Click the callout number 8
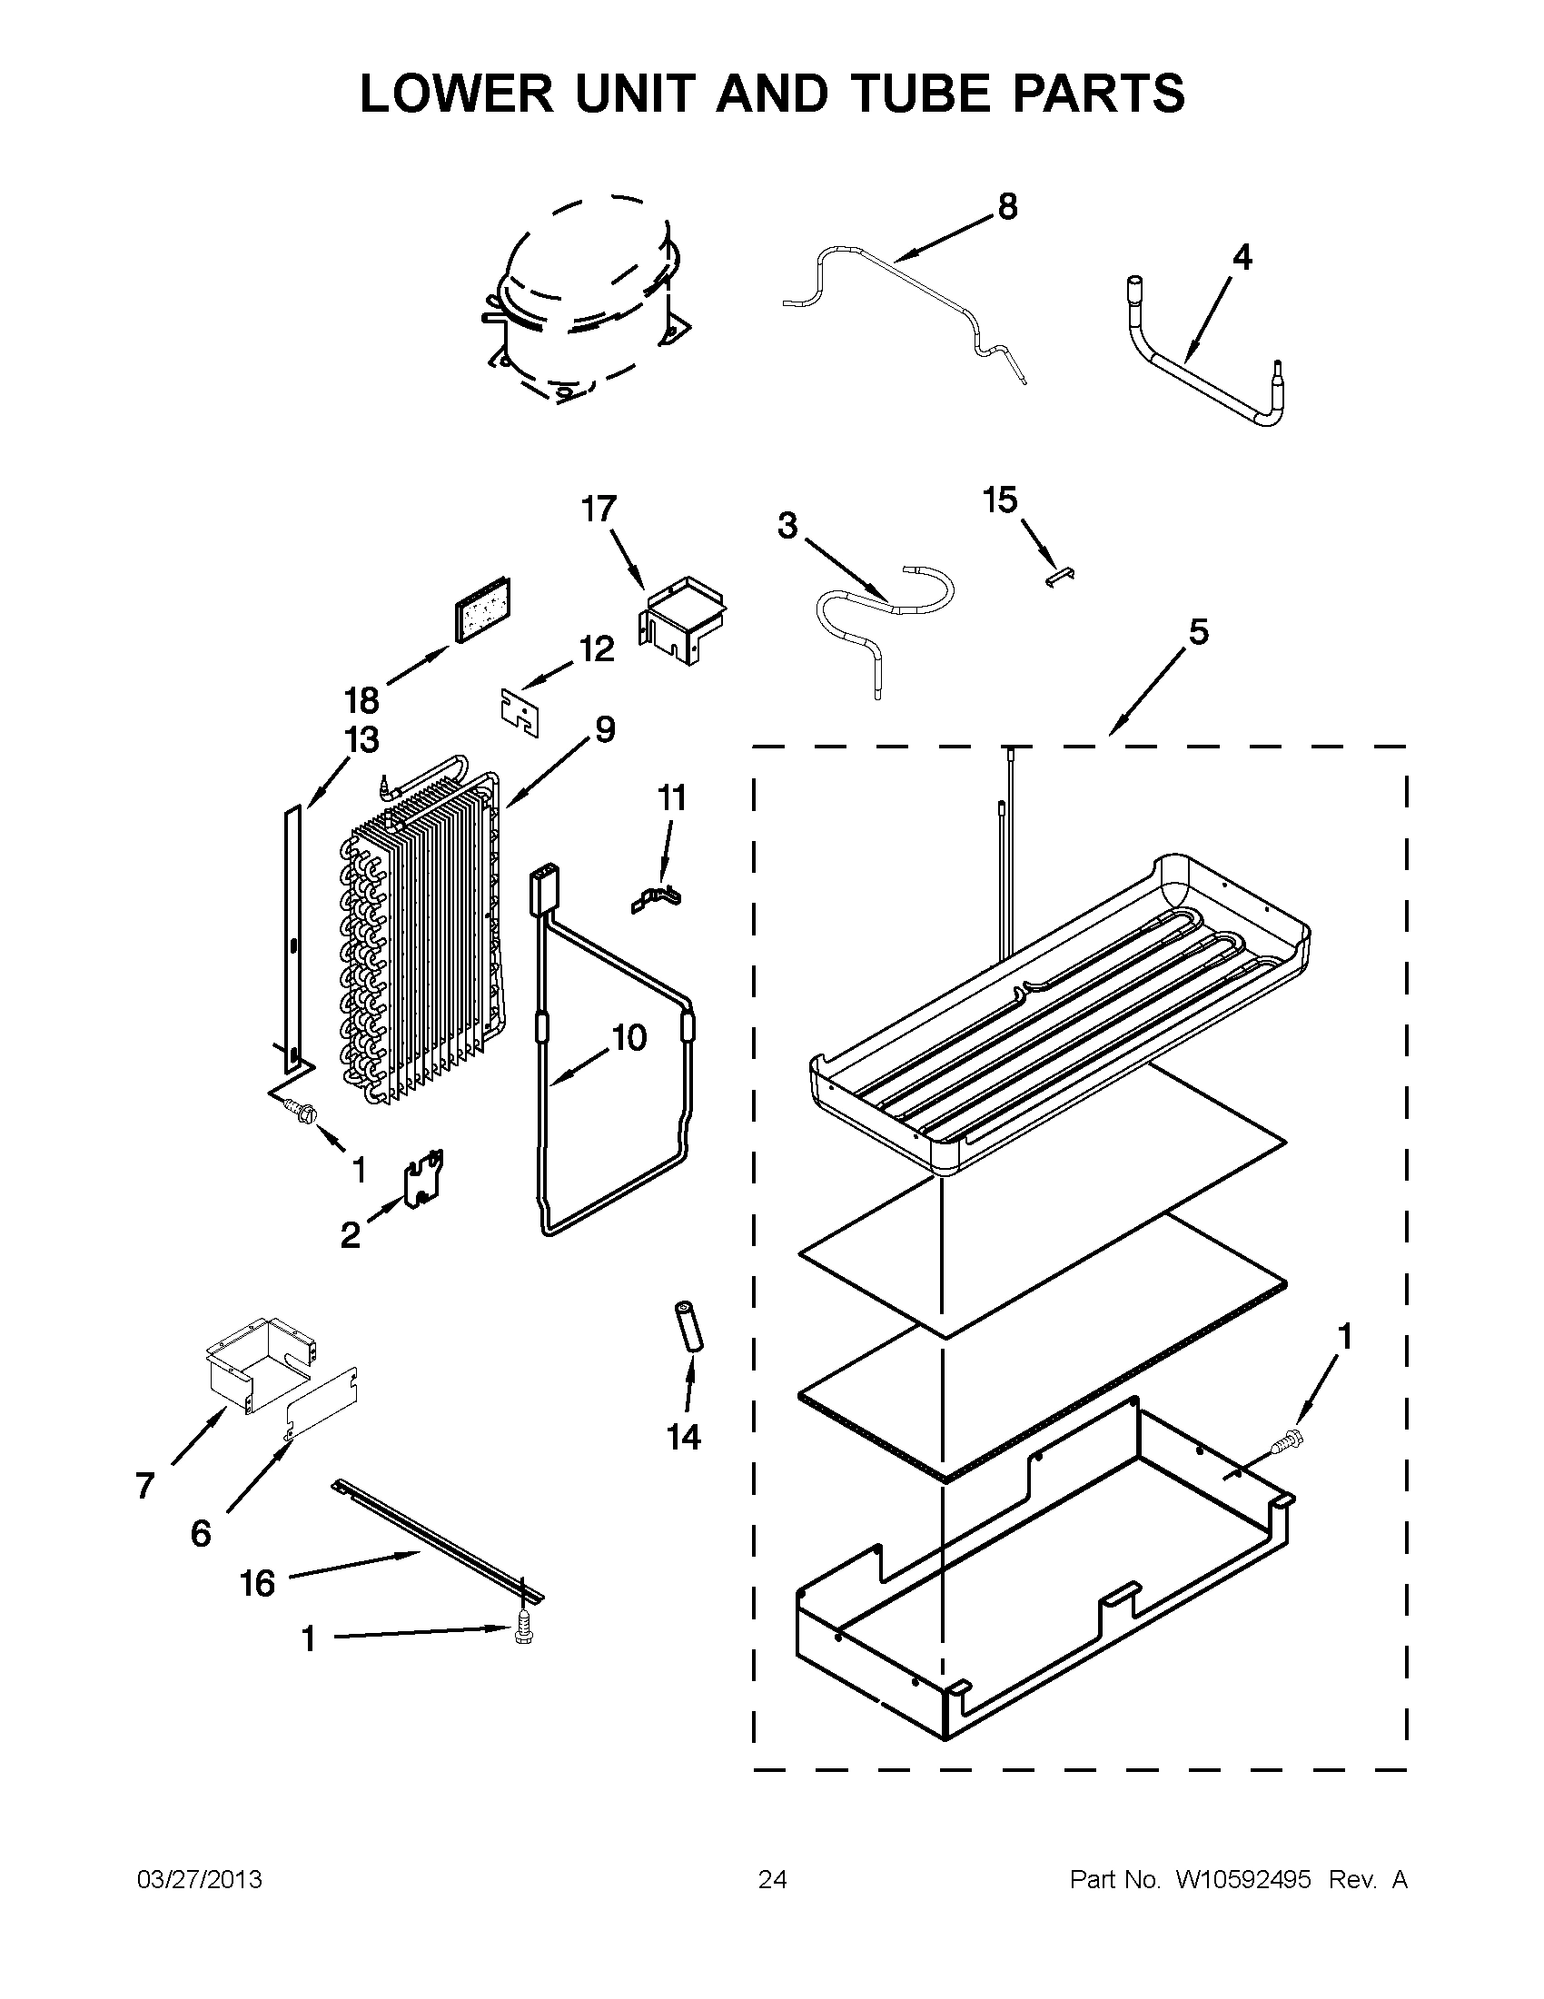click(1006, 207)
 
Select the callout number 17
click(599, 508)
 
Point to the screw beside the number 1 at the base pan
click(1288, 1442)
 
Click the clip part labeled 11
click(658, 897)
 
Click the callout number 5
click(1197, 631)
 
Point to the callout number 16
click(258, 1582)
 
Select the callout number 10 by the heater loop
click(628, 1038)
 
